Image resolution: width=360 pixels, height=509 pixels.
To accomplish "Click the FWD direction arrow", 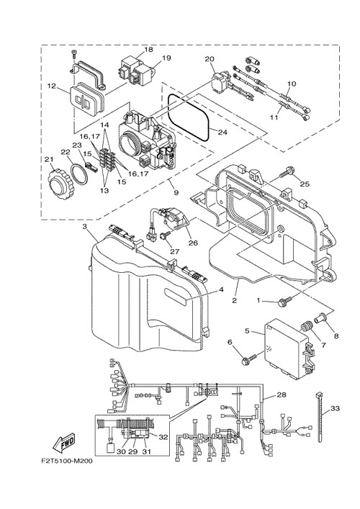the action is [x=63, y=443].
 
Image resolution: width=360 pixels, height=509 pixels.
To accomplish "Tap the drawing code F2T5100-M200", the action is [x=66, y=461].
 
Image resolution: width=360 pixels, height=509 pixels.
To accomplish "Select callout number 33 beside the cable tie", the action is [x=335, y=408].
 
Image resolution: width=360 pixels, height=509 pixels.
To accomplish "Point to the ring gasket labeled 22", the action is [x=79, y=174].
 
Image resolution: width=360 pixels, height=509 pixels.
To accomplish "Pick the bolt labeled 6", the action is [x=250, y=358].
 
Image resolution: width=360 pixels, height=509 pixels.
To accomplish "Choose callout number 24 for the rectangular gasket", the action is [x=222, y=132].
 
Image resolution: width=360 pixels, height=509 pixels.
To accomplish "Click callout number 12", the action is [x=52, y=86].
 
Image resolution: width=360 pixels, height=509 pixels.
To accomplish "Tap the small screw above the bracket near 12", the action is [x=74, y=54].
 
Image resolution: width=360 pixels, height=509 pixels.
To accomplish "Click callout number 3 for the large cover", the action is [x=85, y=227].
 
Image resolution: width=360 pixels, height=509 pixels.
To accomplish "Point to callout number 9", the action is [x=176, y=192].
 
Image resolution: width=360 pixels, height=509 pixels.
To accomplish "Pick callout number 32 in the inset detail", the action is [x=163, y=437].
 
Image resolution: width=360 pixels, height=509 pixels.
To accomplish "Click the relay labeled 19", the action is [x=144, y=73].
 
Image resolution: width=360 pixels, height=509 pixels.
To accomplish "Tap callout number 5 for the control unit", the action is [x=248, y=330].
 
